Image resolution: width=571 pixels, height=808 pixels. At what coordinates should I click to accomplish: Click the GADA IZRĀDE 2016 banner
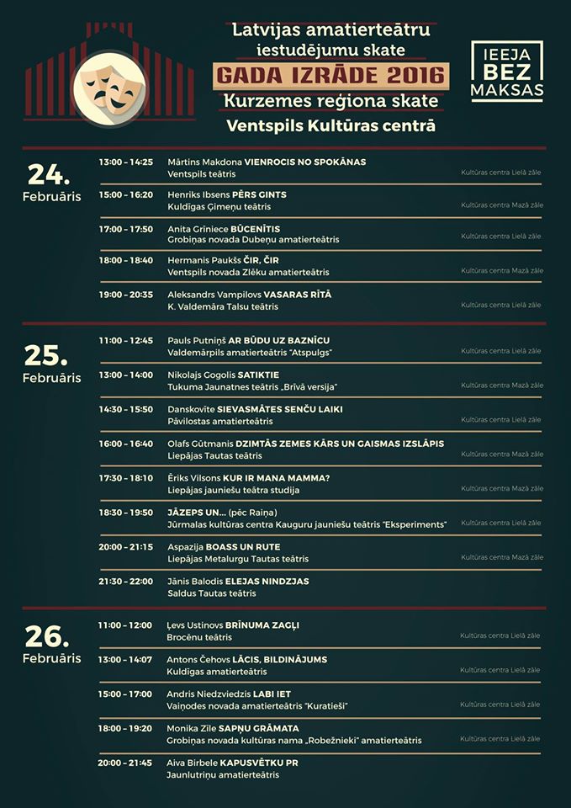[x=330, y=76]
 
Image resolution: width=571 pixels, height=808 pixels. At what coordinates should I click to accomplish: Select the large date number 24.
[x=49, y=174]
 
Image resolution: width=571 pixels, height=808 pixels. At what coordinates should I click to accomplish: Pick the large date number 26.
[x=49, y=637]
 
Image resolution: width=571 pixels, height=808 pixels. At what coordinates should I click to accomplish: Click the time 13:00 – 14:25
[x=125, y=162]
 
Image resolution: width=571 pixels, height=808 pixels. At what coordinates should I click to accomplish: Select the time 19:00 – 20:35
[x=125, y=295]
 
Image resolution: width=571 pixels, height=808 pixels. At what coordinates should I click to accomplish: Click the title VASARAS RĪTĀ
[x=298, y=295]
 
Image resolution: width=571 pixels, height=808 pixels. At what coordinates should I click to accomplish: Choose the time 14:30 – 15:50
[x=125, y=409]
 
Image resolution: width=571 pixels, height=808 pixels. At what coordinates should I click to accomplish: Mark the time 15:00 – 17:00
[x=125, y=694]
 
